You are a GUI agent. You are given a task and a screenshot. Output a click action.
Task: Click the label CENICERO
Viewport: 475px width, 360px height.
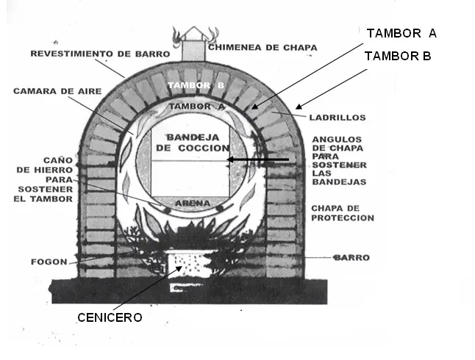pyautogui.click(x=110, y=317)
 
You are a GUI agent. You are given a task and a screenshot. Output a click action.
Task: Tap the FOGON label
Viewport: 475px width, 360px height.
pyautogui.click(x=49, y=261)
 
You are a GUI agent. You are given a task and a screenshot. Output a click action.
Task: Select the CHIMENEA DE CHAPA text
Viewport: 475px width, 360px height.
pyautogui.click(x=262, y=48)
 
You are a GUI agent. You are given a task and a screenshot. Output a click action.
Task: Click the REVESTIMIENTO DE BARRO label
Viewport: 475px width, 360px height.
pyautogui.click(x=100, y=54)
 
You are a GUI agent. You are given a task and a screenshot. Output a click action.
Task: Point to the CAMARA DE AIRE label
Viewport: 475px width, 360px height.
pyautogui.click(x=47, y=92)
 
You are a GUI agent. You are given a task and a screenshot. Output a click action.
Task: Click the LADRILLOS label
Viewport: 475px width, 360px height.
pyautogui.click(x=338, y=117)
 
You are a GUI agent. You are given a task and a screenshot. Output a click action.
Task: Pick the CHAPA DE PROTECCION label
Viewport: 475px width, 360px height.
pyautogui.click(x=343, y=213)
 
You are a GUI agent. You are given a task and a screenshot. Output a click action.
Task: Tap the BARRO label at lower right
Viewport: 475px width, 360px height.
pyautogui.click(x=350, y=258)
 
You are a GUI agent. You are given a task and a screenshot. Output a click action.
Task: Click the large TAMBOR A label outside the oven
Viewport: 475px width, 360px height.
pyautogui.click(x=401, y=33)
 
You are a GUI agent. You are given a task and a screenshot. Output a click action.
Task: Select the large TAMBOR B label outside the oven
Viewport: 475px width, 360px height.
pyautogui.click(x=398, y=56)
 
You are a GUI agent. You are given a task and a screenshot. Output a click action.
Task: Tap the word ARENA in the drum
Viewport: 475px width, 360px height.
pyautogui.click(x=190, y=203)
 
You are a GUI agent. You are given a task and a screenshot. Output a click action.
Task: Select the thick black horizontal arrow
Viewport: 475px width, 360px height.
pyautogui.click(x=257, y=159)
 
